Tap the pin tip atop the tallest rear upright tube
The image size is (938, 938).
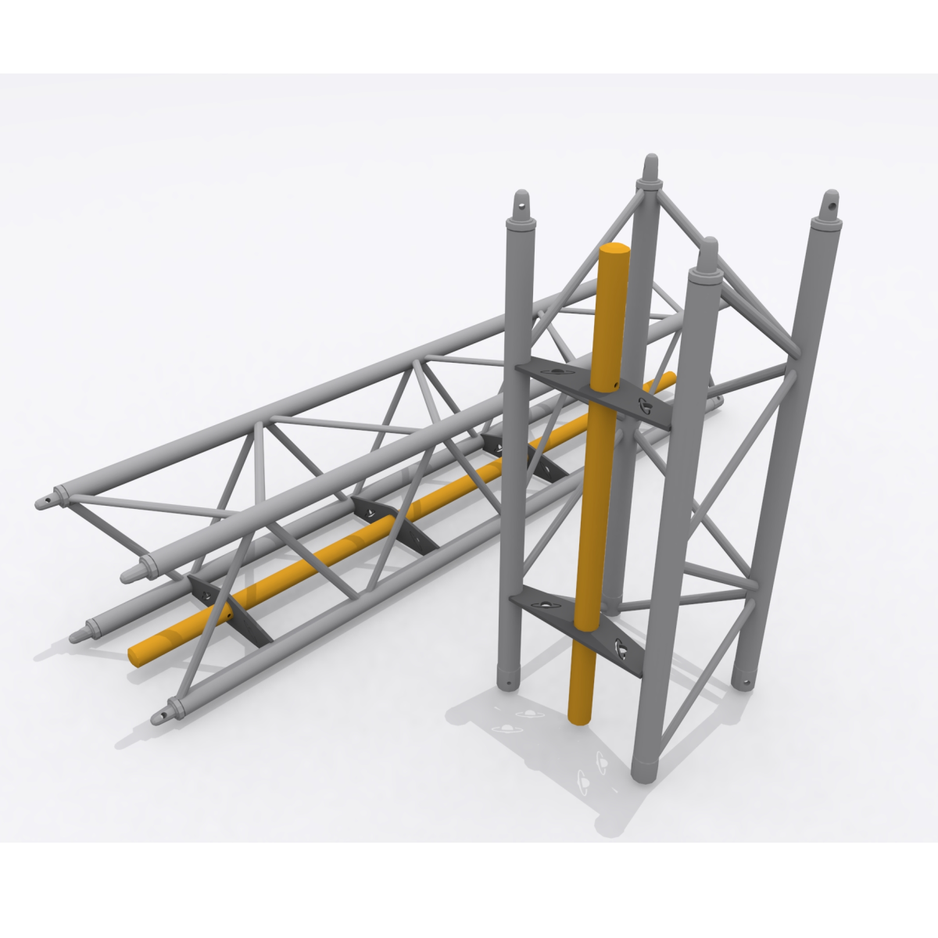click(x=648, y=166)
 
